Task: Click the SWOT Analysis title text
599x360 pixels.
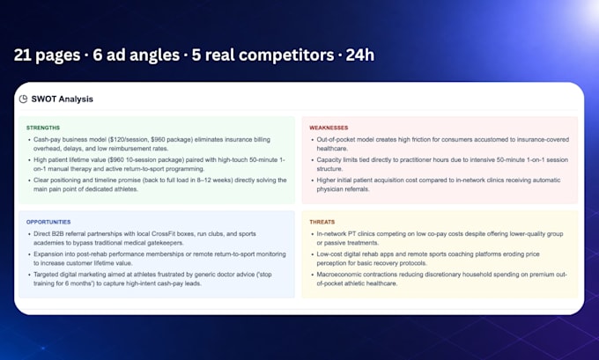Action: tap(63, 99)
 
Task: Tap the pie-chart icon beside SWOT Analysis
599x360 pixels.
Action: tap(23, 99)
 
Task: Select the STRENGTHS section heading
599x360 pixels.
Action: tap(43, 128)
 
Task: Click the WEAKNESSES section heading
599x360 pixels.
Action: tap(329, 128)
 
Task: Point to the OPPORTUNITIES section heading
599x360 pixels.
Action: tap(48, 222)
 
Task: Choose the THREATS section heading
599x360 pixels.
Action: tap(322, 222)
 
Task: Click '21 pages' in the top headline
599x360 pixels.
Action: tap(47, 55)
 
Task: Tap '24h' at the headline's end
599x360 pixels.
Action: tap(360, 55)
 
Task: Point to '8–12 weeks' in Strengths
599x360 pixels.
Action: tap(211, 180)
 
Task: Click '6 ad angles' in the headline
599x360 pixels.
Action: tap(136, 55)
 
